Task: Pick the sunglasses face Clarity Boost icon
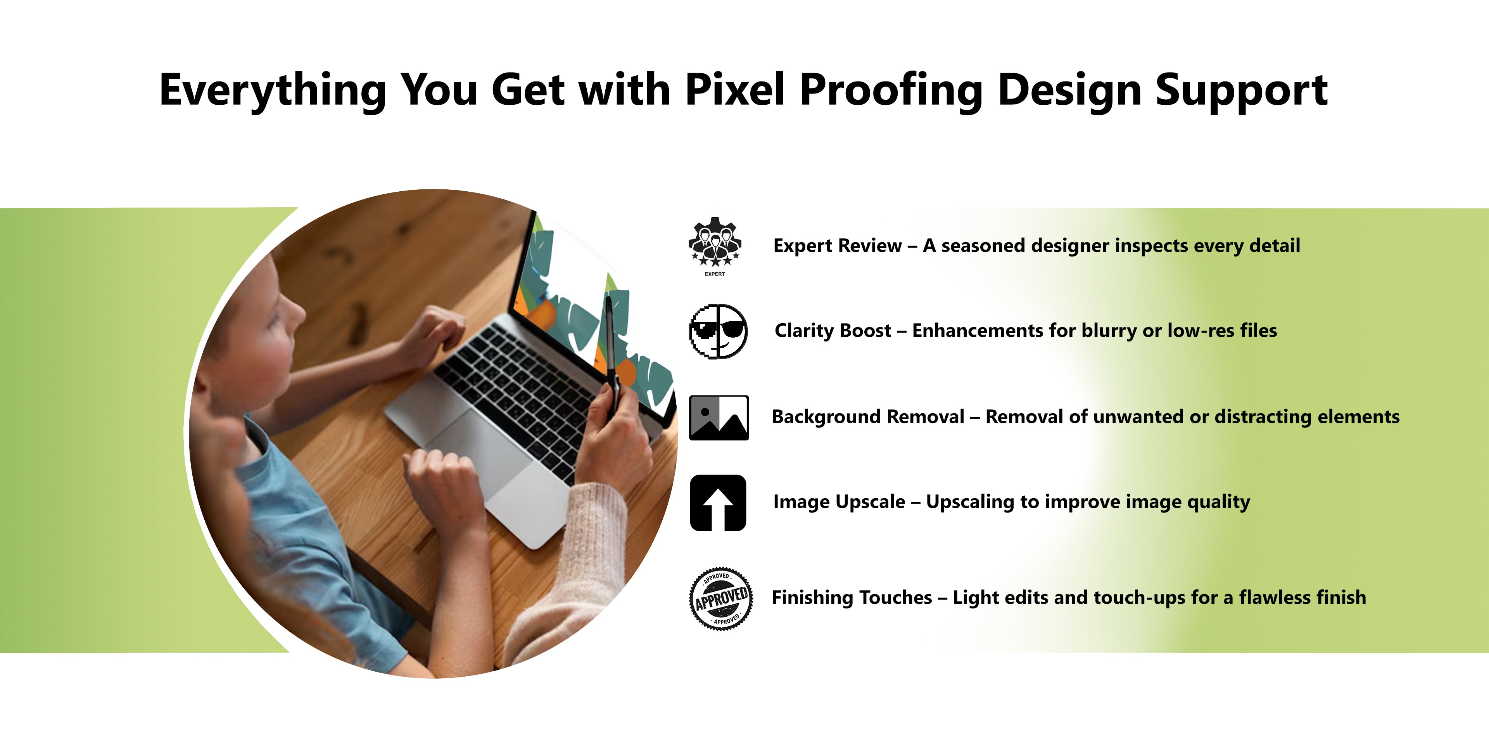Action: tap(718, 331)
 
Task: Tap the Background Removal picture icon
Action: tap(719, 418)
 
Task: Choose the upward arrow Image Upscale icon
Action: tap(718, 502)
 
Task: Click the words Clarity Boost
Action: tap(833, 330)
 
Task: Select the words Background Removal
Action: tap(868, 416)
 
